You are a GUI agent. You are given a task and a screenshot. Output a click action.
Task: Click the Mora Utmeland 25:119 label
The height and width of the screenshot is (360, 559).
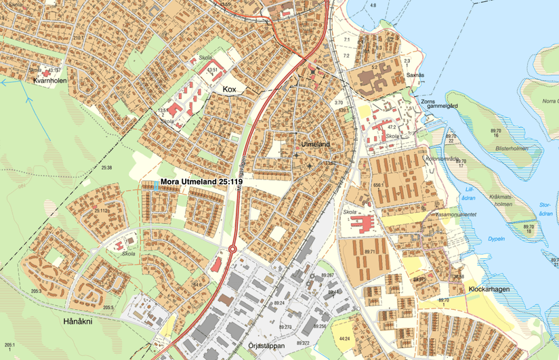201,182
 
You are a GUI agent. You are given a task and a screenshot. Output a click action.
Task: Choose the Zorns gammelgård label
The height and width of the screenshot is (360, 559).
438,106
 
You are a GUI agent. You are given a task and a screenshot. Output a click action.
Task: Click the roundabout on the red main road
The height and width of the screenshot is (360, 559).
232,249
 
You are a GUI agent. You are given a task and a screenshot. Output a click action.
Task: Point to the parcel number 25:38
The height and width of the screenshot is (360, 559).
106,167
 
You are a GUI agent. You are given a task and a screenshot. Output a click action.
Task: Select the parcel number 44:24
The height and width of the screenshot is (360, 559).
344,338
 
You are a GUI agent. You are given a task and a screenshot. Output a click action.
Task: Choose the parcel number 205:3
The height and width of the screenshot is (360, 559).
35,292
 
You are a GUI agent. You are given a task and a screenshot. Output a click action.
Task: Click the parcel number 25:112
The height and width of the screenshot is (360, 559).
101,211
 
